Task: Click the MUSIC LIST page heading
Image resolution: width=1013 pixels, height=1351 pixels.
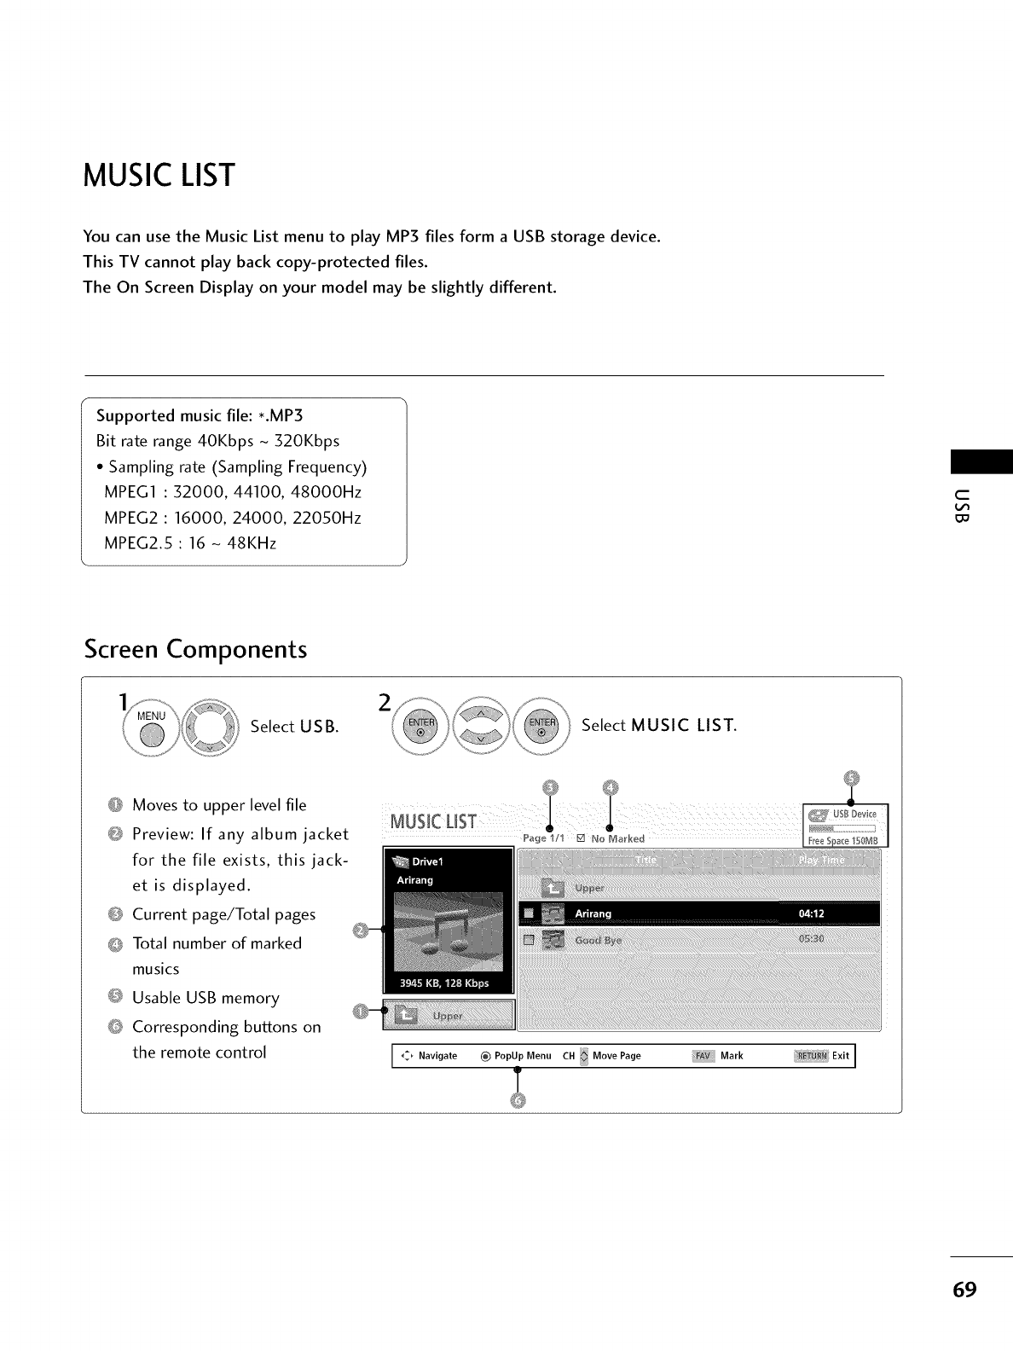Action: point(159,176)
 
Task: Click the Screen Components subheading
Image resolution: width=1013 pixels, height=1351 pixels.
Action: point(195,649)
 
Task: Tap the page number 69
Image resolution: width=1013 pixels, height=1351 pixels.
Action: point(964,1289)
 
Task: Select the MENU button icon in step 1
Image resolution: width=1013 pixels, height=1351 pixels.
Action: point(151,726)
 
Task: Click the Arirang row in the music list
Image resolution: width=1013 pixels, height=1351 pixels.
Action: point(698,914)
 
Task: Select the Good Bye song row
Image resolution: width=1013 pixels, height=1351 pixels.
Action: point(698,940)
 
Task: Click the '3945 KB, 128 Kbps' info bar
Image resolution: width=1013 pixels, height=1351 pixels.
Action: point(446,983)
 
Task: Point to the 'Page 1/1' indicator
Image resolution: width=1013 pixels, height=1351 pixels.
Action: point(543,838)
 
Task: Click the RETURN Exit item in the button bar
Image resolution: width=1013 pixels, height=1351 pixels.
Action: point(822,1056)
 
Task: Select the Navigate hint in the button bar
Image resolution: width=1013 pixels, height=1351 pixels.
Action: point(431,1056)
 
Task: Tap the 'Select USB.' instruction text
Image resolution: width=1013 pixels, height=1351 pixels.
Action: point(294,727)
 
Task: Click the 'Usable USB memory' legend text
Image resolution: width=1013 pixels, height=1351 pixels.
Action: point(205,998)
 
